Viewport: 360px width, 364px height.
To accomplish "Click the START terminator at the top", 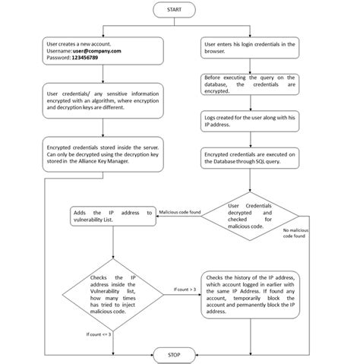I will point(173,9).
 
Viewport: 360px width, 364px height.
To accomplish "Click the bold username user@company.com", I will point(96,51).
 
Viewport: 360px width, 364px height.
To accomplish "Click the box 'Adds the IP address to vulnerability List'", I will point(112,216).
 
